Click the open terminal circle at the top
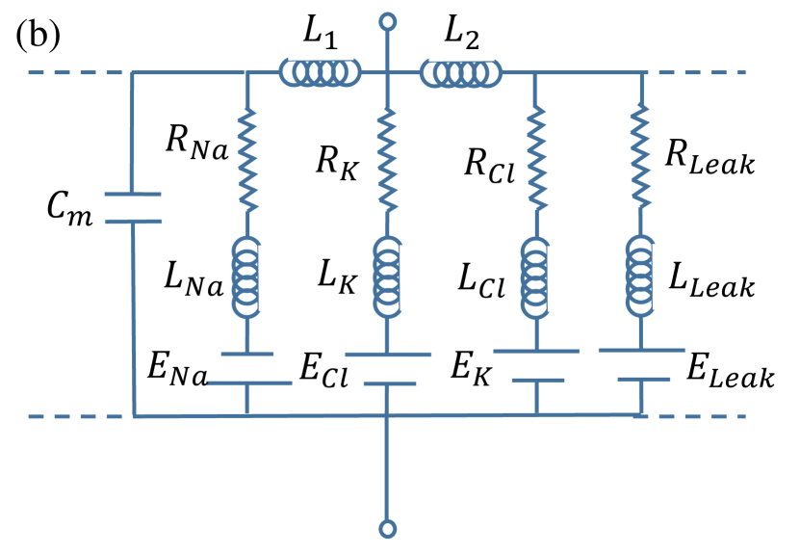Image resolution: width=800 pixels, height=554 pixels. tap(387, 21)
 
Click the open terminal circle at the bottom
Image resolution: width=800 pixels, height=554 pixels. tap(387, 528)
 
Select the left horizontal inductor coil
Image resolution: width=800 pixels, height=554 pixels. tap(320, 72)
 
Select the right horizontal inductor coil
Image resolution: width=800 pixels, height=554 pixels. tap(460, 73)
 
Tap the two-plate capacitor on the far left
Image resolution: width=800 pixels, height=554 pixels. tap(133, 208)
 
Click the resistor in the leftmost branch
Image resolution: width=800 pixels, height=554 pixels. tap(247, 160)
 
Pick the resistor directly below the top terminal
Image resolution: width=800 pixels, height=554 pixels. tap(387, 160)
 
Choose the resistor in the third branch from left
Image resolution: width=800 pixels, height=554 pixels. tap(535, 159)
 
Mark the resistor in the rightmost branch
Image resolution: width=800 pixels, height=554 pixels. tap(640, 156)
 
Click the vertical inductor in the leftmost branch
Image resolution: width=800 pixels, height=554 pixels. tap(246, 277)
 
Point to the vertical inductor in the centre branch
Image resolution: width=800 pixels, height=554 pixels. tap(387, 277)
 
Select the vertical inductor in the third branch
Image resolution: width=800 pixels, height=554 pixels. tap(535, 277)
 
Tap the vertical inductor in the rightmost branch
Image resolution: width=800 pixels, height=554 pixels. tap(640, 276)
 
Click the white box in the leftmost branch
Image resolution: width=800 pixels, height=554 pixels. tap(247, 368)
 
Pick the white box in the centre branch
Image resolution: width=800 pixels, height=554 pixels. tap(389, 369)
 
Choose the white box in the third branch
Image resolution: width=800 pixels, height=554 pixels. tap(537, 365)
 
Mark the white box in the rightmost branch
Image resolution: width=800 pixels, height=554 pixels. tap(643, 364)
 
